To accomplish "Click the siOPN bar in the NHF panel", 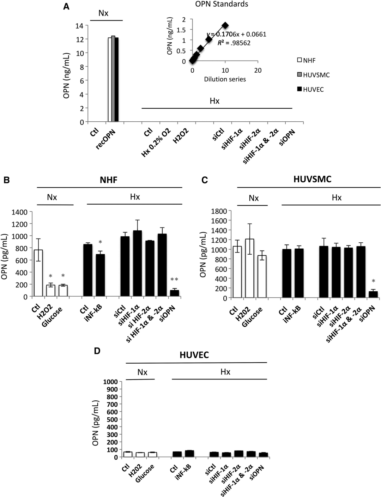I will tap(174, 293).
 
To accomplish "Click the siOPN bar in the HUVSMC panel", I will tap(373, 295).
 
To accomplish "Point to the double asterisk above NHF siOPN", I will tap(174, 280).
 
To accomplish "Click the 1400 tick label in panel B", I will tap(19, 212).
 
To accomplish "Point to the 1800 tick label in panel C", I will tap(219, 211).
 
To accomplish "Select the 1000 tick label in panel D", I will tap(110, 382).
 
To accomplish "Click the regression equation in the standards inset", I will tap(236, 34).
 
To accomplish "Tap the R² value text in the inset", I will tap(234, 43).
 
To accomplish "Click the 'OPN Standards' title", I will tap(222, 4).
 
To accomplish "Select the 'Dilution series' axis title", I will tap(225, 79).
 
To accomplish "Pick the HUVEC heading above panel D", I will tap(194, 355).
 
